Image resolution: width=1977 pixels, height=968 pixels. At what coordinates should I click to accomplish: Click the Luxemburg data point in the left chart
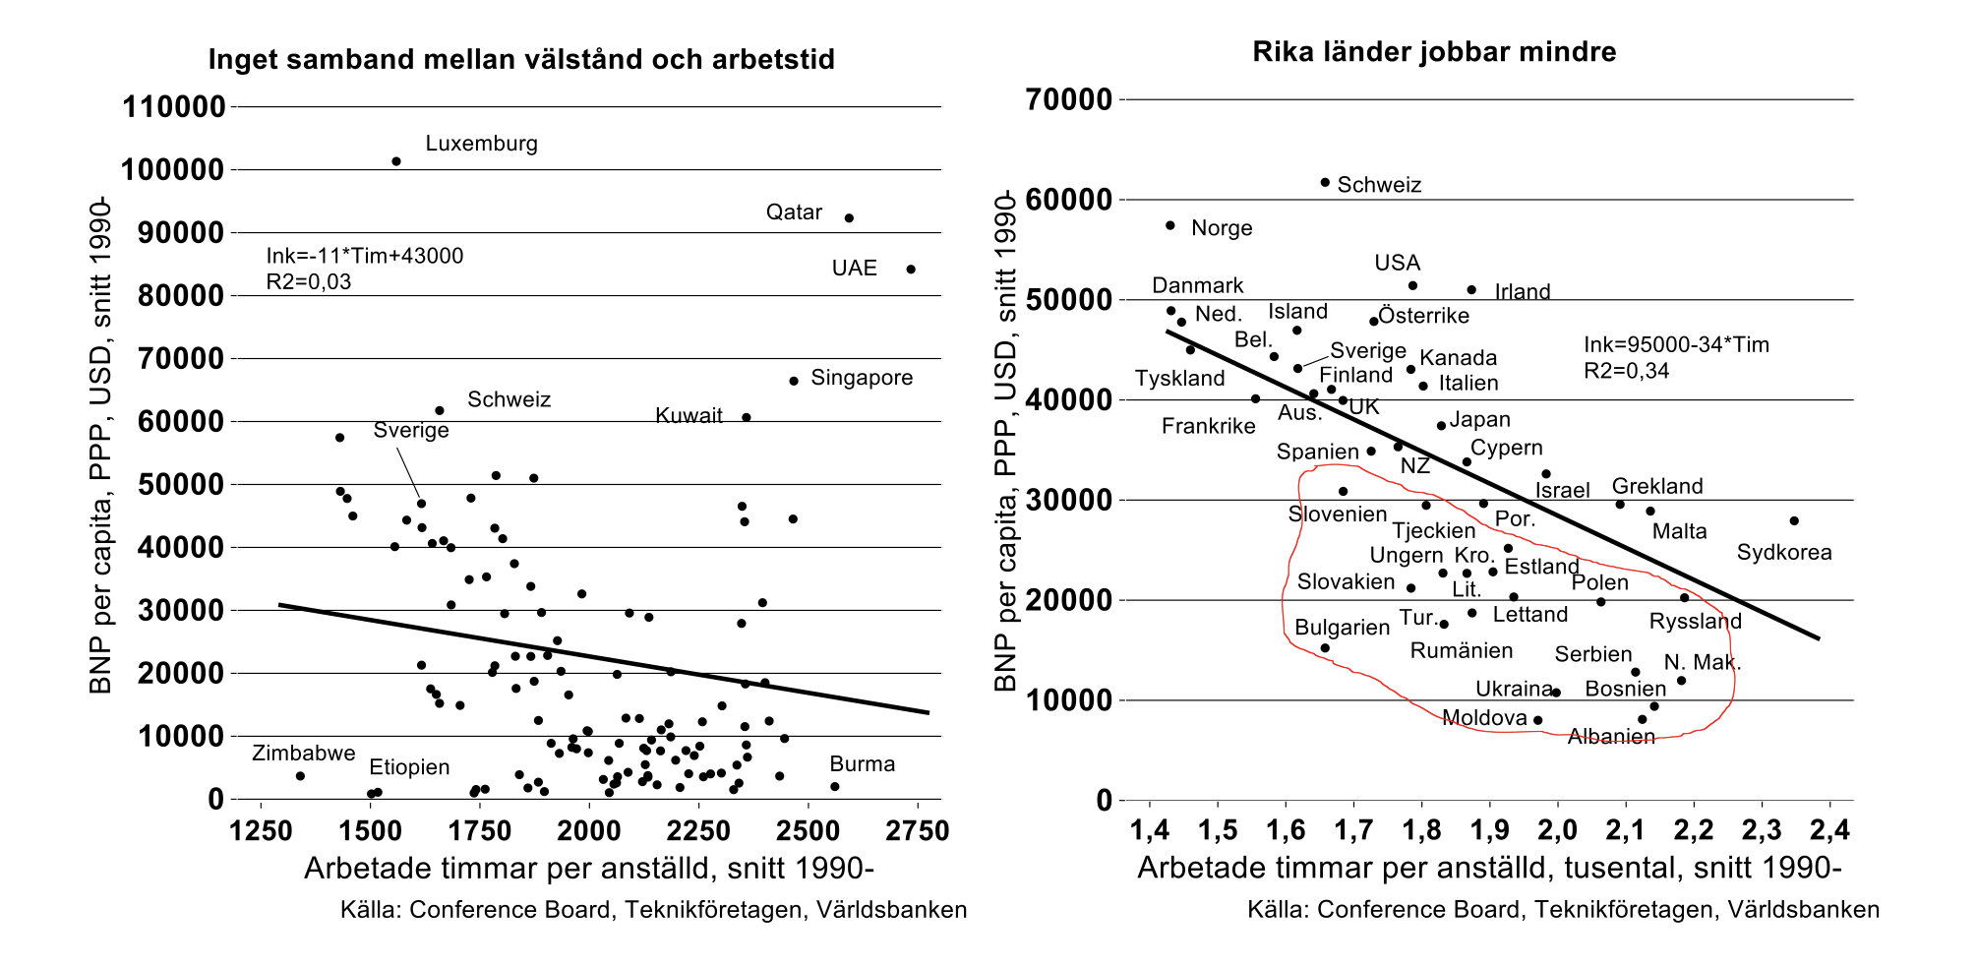pyautogui.click(x=396, y=161)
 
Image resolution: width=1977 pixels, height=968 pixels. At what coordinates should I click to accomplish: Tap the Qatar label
pyautogui.click(x=794, y=212)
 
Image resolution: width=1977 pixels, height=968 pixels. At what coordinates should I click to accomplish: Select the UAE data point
pyautogui.click(x=911, y=270)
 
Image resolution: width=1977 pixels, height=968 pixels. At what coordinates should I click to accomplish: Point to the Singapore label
pyautogui.click(x=862, y=378)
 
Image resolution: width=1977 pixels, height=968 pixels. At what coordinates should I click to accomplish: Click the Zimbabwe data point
pyautogui.click(x=300, y=776)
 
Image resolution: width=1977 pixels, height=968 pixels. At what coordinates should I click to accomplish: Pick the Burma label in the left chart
pyautogui.click(x=862, y=764)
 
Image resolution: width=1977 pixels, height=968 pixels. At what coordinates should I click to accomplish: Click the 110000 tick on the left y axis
pyautogui.click(x=174, y=106)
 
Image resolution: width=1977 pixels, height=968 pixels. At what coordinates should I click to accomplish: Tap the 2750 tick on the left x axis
pyautogui.click(x=917, y=830)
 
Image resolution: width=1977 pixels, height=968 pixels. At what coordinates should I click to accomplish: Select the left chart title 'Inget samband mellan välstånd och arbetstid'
pyautogui.click(x=521, y=60)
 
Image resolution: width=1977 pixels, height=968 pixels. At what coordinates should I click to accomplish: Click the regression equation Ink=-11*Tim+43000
pyautogui.click(x=365, y=256)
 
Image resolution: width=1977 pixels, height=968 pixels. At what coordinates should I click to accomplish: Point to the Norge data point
pyautogui.click(x=1170, y=225)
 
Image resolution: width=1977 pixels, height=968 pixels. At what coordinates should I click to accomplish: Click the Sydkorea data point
pyautogui.click(x=1794, y=520)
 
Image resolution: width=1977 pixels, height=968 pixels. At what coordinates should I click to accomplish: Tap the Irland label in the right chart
pyautogui.click(x=1523, y=292)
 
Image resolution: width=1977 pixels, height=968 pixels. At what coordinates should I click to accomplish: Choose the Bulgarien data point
pyautogui.click(x=1325, y=648)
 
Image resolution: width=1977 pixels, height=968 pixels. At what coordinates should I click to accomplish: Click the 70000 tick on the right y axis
pyautogui.click(x=1069, y=99)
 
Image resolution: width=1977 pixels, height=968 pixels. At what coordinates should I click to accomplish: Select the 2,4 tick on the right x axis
pyautogui.click(x=1829, y=830)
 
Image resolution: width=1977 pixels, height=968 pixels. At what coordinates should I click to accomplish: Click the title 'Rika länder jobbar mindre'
pyautogui.click(x=1434, y=52)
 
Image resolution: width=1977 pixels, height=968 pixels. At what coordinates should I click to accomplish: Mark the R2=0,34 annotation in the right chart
pyautogui.click(x=1626, y=371)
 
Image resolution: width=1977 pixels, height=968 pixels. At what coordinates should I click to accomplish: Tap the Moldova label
pyautogui.click(x=1484, y=718)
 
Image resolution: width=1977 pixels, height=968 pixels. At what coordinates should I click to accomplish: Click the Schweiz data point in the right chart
pyautogui.click(x=1325, y=182)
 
